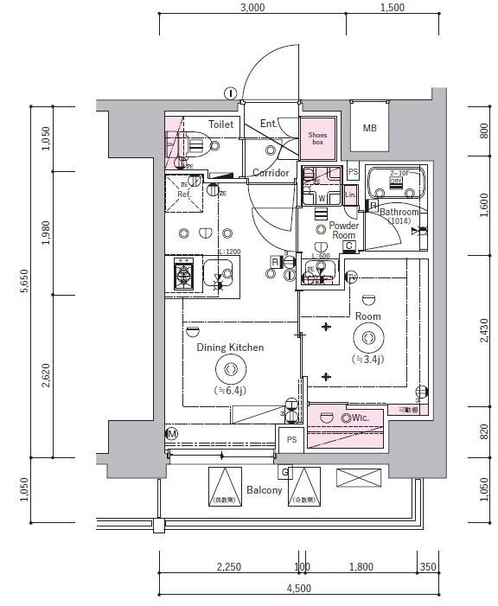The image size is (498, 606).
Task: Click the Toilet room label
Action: pos(221,124)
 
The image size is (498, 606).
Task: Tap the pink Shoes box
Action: pos(317,137)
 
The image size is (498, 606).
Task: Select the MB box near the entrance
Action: pos(369,129)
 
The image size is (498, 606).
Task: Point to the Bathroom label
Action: pos(399,212)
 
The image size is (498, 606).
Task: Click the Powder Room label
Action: pos(343,230)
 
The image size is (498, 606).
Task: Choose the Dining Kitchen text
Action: pos(230,348)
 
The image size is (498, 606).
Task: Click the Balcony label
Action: pos(264,490)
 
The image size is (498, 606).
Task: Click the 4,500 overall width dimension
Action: pos(297,589)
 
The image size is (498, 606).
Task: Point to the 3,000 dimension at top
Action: pos(252,8)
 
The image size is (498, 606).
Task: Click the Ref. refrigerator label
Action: pos(183,195)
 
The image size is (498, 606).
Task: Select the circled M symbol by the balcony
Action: pos(171,433)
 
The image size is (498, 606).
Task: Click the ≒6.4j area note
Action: pos(230,390)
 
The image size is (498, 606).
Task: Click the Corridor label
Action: pos(270,173)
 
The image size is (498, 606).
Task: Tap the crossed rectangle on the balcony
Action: pos(358,476)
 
